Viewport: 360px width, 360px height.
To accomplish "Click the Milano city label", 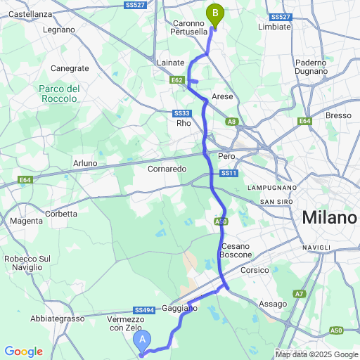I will point(329,218).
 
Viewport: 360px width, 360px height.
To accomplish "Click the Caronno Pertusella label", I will point(190,27).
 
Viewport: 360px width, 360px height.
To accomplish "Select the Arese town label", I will point(221,96).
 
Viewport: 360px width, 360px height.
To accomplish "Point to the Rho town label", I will point(184,123).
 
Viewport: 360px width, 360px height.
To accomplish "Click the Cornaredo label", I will point(167,169).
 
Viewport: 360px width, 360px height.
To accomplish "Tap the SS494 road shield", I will point(143,310).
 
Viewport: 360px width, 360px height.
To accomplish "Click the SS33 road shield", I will point(181,113).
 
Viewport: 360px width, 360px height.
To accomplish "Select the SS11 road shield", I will point(229,173).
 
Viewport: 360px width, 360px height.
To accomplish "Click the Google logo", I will point(23,352).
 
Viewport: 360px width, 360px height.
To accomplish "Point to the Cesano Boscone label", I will point(231,250).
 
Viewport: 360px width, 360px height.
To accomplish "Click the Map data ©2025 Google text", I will point(316,354).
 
